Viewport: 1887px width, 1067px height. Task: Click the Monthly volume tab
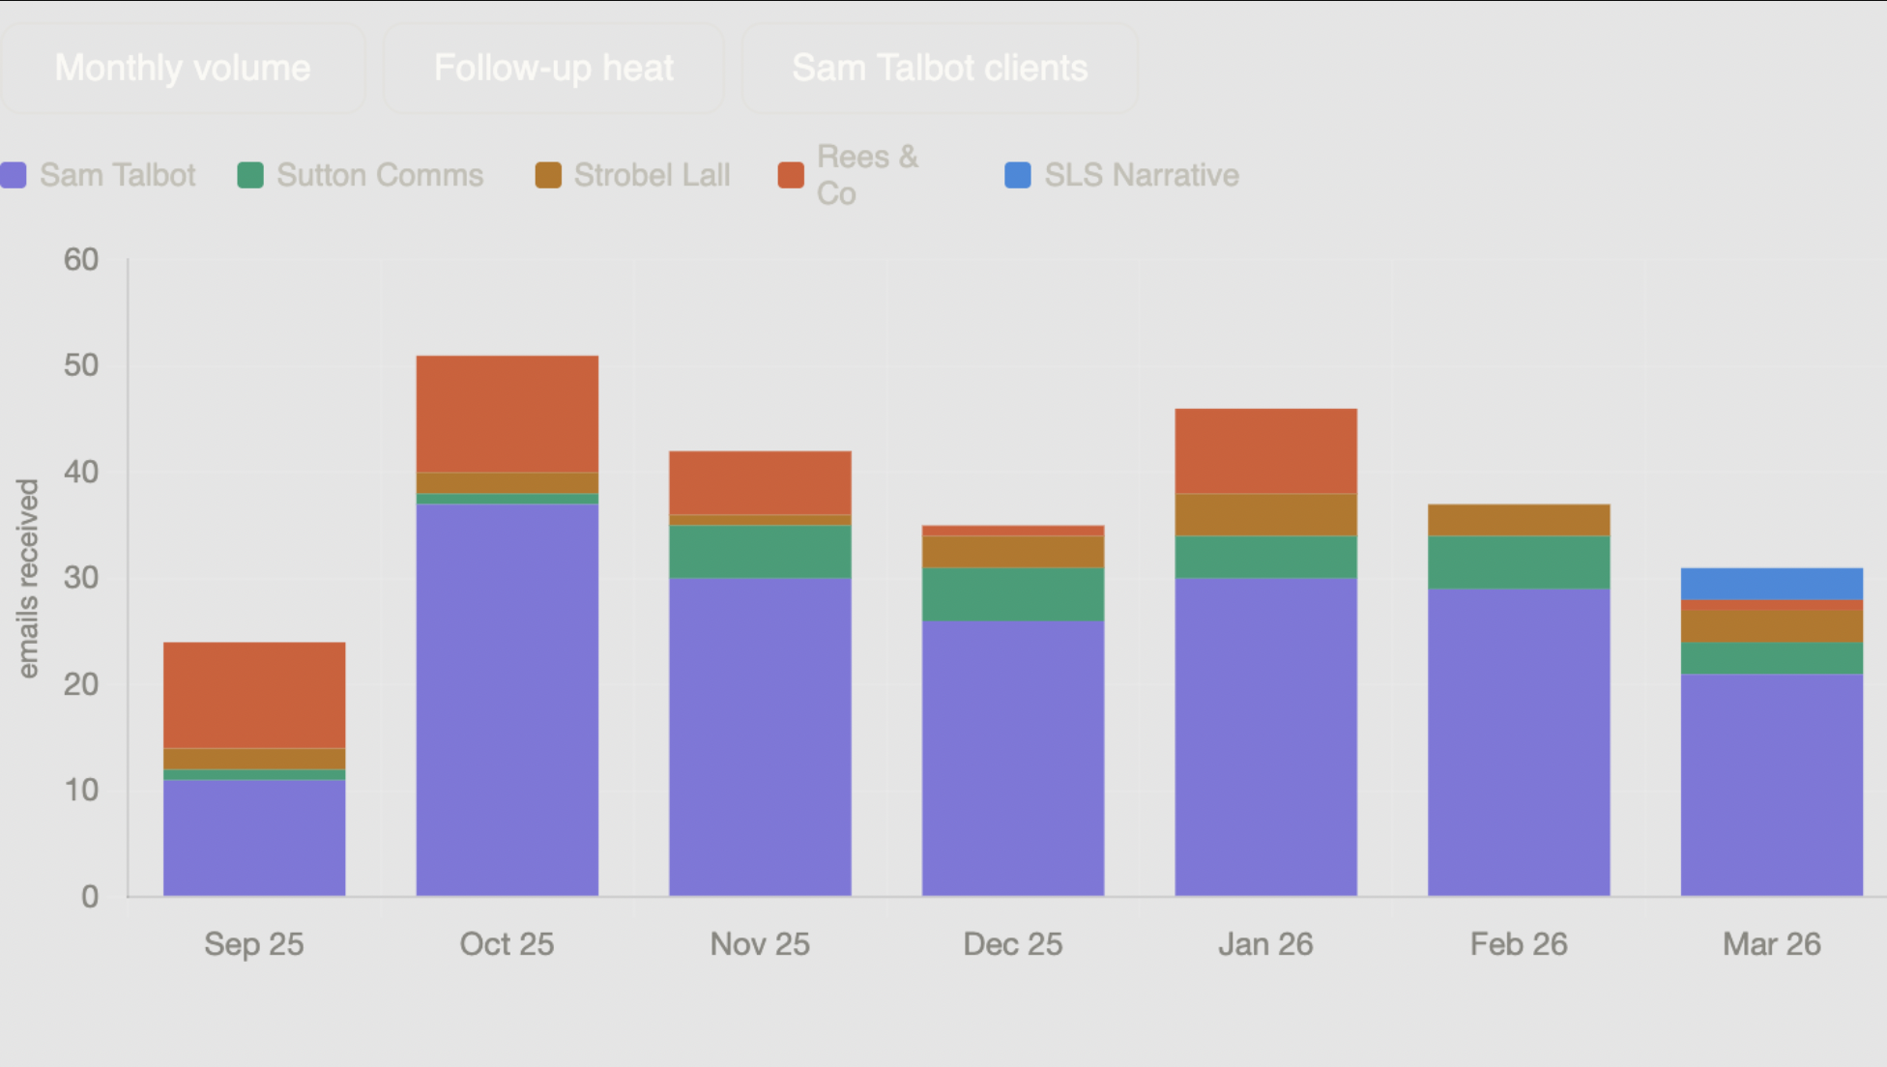(x=183, y=69)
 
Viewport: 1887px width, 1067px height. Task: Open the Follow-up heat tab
(x=553, y=69)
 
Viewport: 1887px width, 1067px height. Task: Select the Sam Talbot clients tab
(x=940, y=69)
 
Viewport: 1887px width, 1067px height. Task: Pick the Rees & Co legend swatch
(x=791, y=175)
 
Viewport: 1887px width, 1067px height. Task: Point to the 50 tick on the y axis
(x=81, y=365)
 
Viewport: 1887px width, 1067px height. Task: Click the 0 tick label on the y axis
(x=90, y=897)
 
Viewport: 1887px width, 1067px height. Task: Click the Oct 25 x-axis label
(x=507, y=944)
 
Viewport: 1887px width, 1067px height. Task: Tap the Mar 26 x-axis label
(x=1771, y=944)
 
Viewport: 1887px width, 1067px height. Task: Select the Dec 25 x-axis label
(x=1012, y=944)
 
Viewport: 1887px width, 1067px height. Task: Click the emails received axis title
(x=28, y=578)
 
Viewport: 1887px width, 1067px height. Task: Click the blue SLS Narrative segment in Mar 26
(x=1771, y=584)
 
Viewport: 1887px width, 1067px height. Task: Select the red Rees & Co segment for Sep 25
(x=254, y=695)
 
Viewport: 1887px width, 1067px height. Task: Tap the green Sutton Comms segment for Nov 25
(x=760, y=552)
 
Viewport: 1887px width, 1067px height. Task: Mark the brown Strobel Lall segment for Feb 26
(x=1519, y=520)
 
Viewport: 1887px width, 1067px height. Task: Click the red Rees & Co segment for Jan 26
(x=1265, y=451)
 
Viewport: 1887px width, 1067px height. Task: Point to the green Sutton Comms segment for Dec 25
(x=1012, y=594)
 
